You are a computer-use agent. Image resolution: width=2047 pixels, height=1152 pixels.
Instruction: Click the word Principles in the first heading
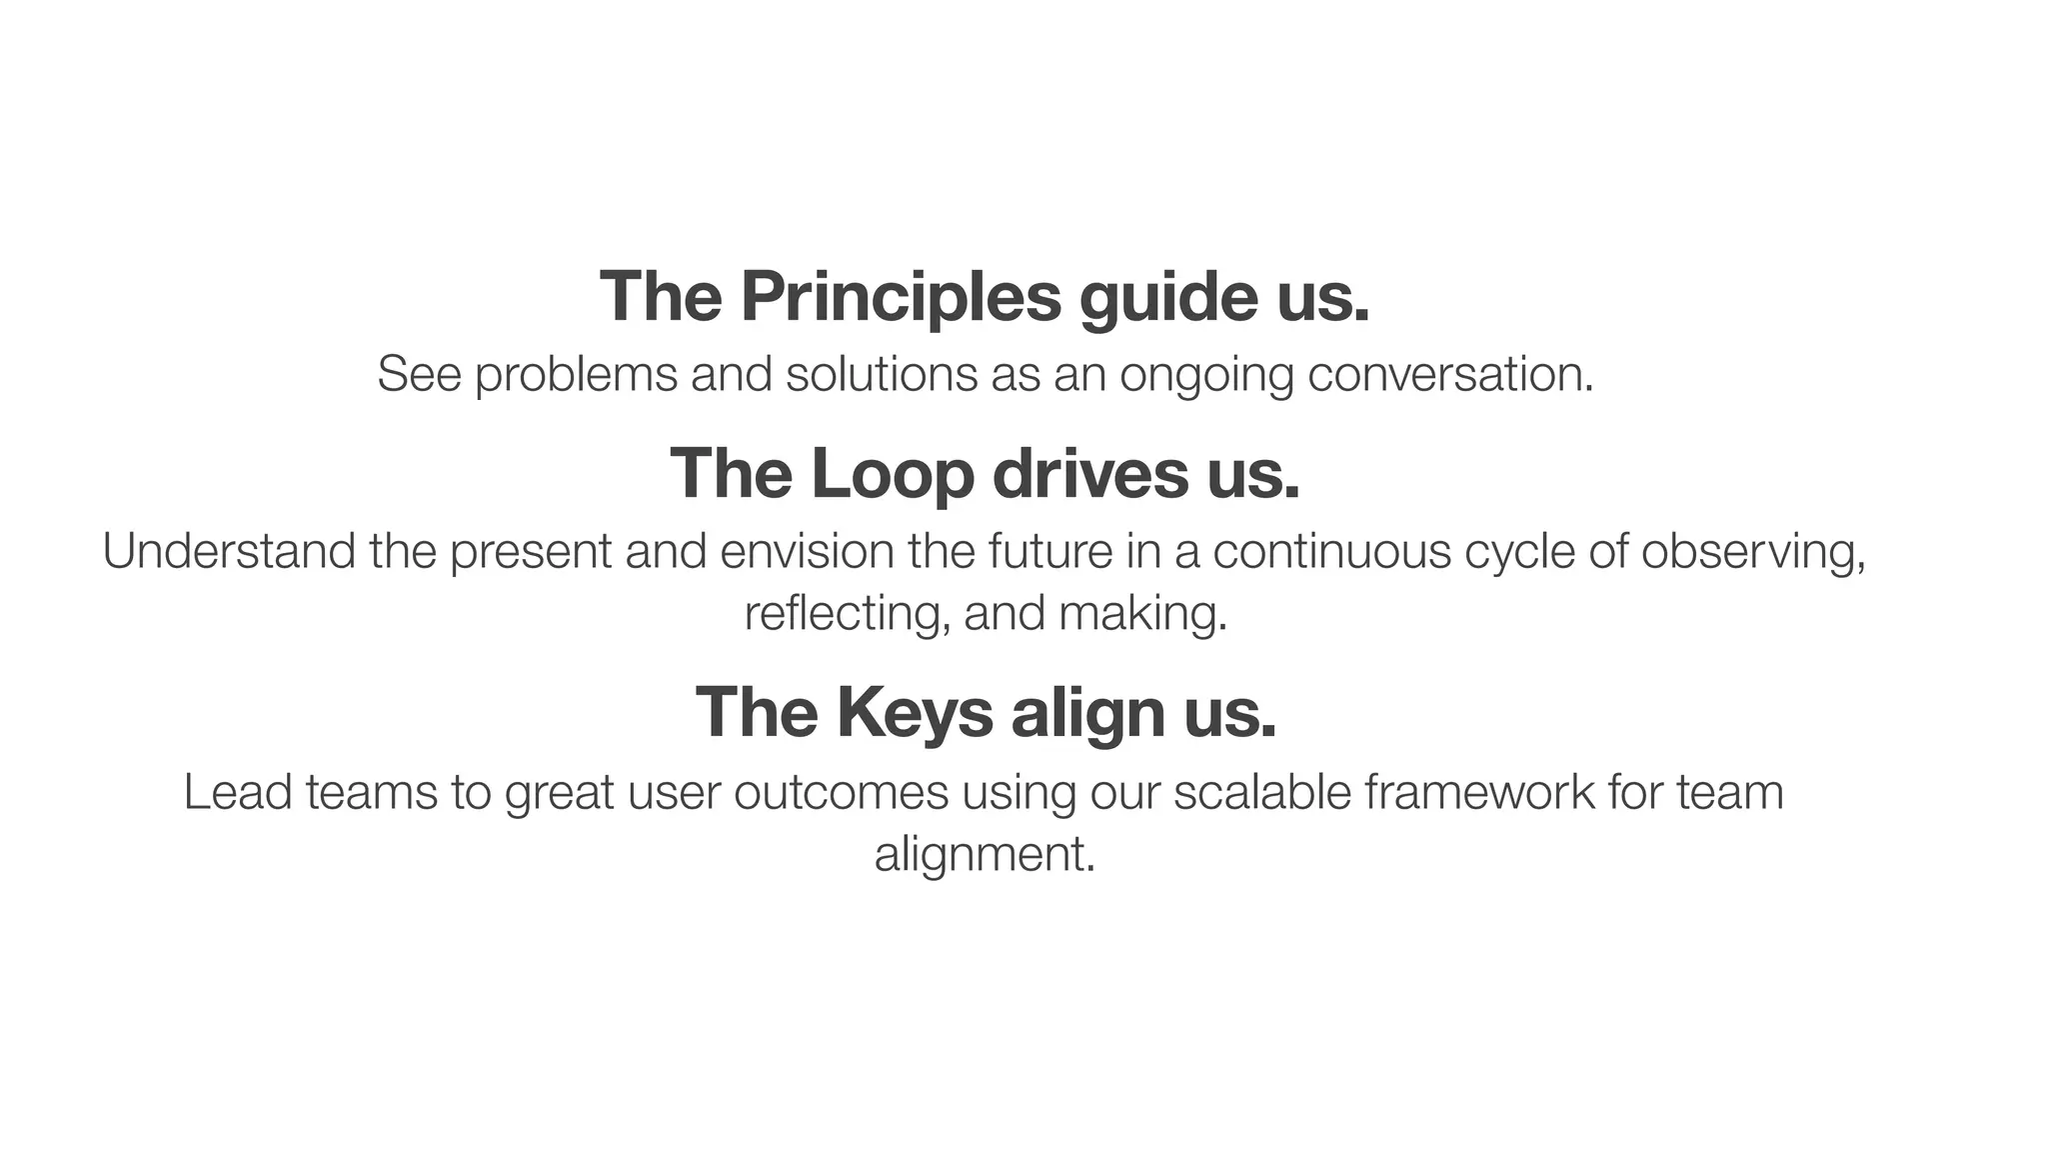click(900, 297)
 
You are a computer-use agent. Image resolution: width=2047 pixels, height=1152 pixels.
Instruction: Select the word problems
click(576, 375)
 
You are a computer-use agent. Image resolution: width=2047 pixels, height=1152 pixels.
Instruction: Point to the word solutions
click(882, 374)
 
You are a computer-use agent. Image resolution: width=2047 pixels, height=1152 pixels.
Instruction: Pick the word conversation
click(1449, 374)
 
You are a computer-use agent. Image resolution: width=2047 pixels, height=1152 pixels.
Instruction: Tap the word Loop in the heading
click(892, 475)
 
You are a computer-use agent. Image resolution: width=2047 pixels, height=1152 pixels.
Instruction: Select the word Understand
click(229, 551)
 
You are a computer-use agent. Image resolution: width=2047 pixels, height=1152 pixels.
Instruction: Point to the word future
click(1049, 551)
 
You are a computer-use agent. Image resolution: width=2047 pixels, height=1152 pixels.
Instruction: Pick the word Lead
click(238, 792)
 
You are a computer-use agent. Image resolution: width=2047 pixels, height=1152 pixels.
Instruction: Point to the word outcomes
click(841, 792)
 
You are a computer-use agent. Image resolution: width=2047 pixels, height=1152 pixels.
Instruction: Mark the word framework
click(1479, 792)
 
